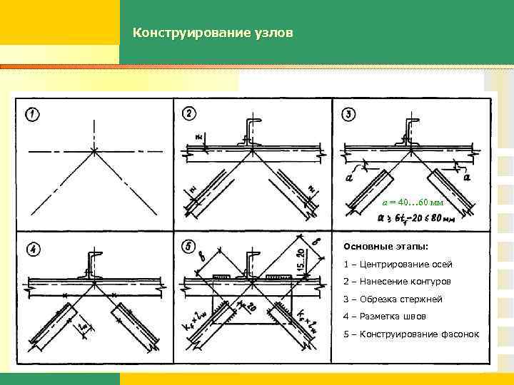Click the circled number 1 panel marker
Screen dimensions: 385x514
point(32,115)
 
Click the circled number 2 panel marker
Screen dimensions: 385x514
point(190,114)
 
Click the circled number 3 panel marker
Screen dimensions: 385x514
point(349,115)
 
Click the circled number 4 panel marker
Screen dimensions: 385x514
point(32,249)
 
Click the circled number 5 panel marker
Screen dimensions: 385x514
point(190,247)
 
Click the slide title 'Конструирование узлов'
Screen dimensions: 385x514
point(212,34)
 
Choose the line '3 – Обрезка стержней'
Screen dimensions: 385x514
point(393,299)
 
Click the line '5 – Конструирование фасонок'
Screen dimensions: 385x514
point(411,335)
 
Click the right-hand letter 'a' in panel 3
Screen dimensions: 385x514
point(468,178)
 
